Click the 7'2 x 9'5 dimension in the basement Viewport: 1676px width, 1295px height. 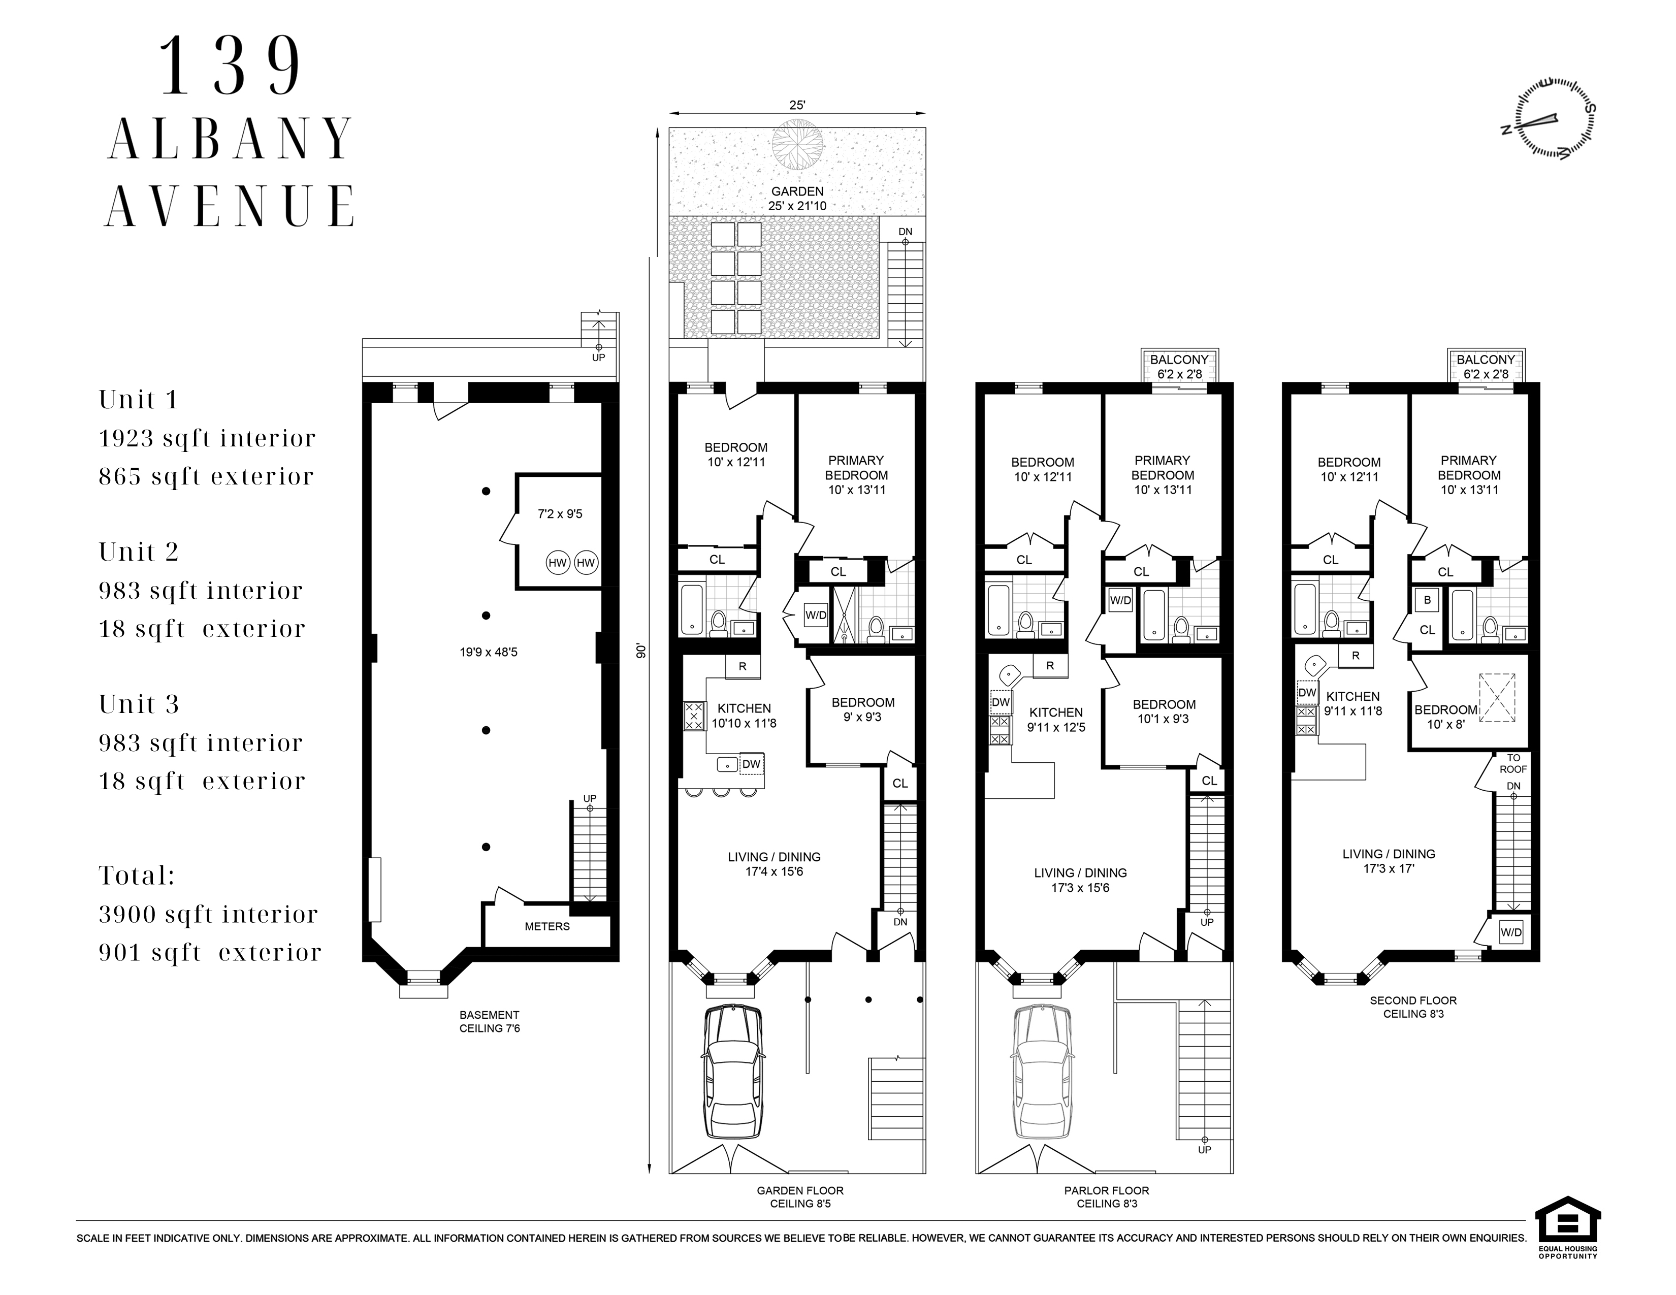click(560, 514)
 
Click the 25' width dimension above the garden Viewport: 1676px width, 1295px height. click(797, 106)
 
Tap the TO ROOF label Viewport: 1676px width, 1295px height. click(1513, 763)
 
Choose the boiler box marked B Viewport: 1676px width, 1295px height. click(1427, 600)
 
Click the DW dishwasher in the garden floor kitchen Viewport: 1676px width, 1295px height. click(751, 764)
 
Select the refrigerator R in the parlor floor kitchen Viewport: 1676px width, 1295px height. click(1050, 665)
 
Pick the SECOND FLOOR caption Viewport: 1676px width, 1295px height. click(1413, 1000)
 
